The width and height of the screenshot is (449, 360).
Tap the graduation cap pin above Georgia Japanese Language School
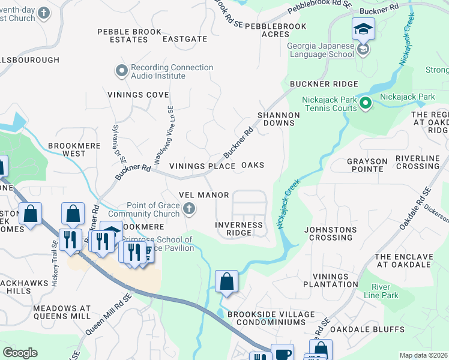[363, 29]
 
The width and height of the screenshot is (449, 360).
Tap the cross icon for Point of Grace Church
[188, 209]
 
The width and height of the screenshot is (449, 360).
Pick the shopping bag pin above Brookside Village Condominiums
[226, 281]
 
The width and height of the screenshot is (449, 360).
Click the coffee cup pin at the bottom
[282, 353]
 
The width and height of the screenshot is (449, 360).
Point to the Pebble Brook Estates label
[130, 35]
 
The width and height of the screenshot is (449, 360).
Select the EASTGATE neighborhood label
[185, 39]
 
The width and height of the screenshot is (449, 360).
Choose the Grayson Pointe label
[365, 165]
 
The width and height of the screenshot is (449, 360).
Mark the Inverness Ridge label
[239, 229]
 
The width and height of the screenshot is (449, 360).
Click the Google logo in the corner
[20, 353]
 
